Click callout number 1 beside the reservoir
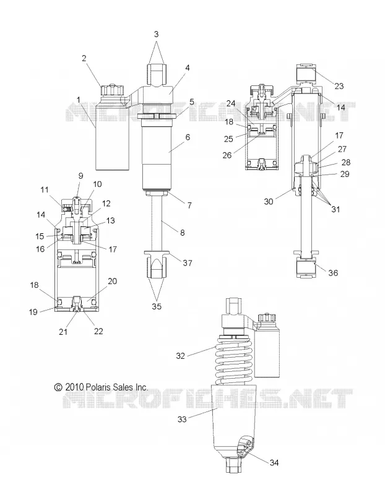point(79,100)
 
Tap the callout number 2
point(84,58)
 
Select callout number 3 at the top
point(157,34)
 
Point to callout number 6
point(188,137)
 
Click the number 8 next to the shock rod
point(183,233)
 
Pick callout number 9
point(80,176)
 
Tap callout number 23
point(339,86)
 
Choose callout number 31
point(335,209)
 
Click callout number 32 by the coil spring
point(180,356)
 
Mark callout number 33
point(182,420)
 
